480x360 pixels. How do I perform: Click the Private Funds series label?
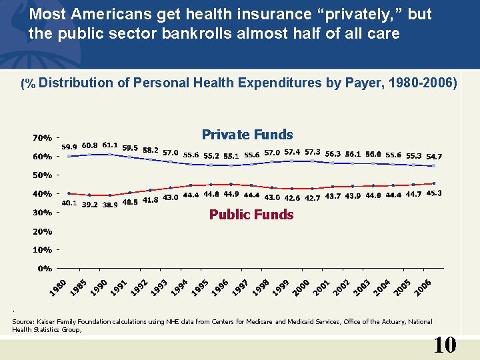[x=247, y=135]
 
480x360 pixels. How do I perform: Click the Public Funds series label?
[x=251, y=215]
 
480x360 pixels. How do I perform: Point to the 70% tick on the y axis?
[x=43, y=138]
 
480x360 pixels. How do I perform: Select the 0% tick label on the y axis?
[x=45, y=269]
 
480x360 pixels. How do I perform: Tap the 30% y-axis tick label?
[x=43, y=213]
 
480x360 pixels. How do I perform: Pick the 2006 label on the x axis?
[x=423, y=287]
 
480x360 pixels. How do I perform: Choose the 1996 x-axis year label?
[x=220, y=287]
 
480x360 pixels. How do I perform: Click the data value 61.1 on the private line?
[x=110, y=145]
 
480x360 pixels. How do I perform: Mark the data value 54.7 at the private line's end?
[x=434, y=156]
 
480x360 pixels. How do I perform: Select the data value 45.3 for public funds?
[x=434, y=193]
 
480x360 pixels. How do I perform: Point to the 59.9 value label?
[x=69, y=147]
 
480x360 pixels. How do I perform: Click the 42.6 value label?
[x=292, y=197]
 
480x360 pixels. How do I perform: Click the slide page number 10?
[x=445, y=345]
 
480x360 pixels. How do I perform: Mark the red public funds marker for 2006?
[x=434, y=183]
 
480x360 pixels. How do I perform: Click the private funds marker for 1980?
[x=69, y=156]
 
